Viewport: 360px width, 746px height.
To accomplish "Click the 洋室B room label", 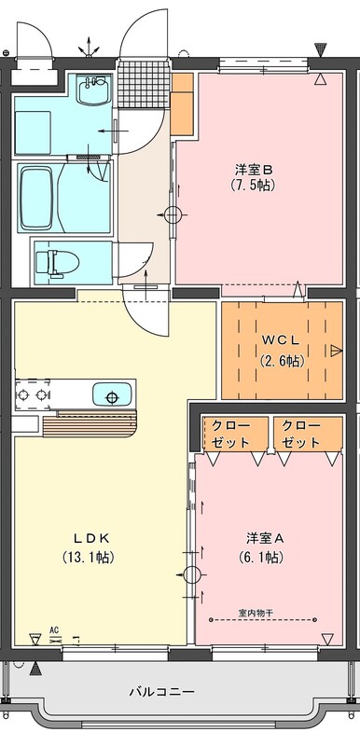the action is click(x=254, y=169).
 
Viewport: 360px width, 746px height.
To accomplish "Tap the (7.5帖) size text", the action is click(x=254, y=185).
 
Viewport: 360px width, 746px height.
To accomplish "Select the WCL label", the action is click(x=282, y=341).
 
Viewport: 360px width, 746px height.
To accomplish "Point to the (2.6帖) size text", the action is click(x=282, y=361).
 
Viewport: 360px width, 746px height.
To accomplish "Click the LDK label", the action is click(x=91, y=538).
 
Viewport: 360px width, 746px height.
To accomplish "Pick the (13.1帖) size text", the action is click(x=89, y=557).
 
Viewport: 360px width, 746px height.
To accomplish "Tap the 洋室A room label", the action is click(x=265, y=538).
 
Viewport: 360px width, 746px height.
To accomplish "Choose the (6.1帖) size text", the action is click(x=261, y=557).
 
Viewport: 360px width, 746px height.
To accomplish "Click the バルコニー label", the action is click(x=161, y=691).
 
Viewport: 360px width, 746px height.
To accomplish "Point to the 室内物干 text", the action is click(x=256, y=613).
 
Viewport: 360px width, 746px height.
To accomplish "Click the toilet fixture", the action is click(x=57, y=263).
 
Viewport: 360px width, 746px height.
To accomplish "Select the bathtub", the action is click(x=35, y=198).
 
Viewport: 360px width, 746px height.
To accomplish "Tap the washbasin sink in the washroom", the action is click(x=93, y=90).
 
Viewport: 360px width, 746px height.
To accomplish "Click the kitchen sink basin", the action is click(x=112, y=394).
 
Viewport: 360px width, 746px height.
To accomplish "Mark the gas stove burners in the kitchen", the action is click(x=33, y=394).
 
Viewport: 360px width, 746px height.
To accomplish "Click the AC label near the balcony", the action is click(x=54, y=630).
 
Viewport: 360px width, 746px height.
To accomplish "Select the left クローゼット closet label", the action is click(x=230, y=434).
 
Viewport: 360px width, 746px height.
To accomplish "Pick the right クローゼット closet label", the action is click(x=300, y=434).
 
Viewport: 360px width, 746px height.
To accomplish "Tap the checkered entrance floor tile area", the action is click(x=143, y=83).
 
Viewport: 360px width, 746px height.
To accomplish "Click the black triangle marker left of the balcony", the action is click(x=35, y=670).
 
